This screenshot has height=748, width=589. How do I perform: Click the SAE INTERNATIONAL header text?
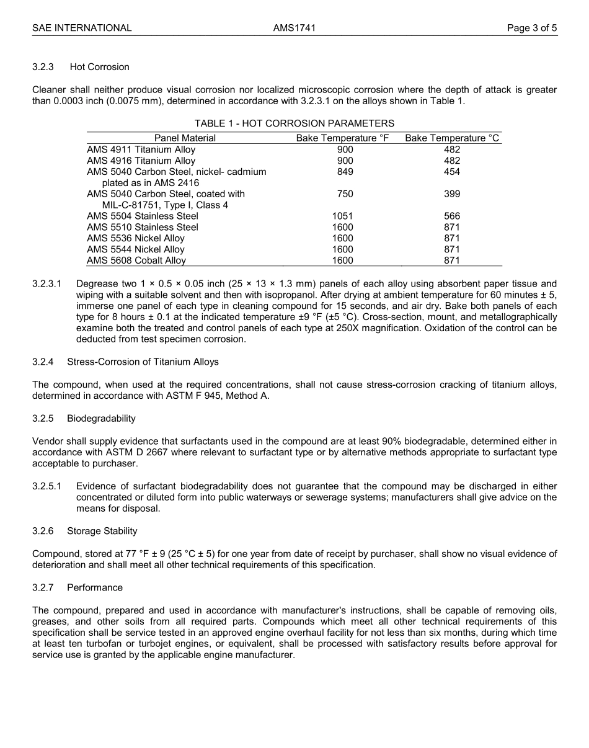(82, 28)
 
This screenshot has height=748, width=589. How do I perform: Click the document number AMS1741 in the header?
(294, 28)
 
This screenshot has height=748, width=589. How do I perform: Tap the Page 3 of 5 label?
(531, 28)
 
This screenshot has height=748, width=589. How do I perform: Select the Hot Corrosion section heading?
(99, 67)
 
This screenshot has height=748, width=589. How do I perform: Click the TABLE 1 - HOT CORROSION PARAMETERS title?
(294, 123)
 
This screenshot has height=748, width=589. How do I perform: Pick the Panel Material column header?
(185, 138)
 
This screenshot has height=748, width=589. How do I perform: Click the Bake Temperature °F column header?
(342, 138)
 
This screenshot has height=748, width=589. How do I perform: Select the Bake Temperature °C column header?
(452, 138)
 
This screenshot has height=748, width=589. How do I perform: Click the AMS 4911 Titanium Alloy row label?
(141, 149)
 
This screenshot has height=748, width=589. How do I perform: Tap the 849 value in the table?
(345, 172)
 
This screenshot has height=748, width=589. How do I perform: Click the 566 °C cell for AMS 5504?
(452, 216)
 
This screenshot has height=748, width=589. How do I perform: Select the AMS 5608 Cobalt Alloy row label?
(136, 261)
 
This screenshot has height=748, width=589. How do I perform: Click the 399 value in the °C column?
(452, 194)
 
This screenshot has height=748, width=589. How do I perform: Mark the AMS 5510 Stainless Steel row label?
(143, 228)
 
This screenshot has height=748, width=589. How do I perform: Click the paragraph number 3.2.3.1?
(47, 283)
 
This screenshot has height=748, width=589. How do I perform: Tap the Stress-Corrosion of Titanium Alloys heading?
(143, 362)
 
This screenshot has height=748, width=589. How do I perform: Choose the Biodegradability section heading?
(101, 419)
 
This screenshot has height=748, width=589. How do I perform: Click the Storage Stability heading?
(102, 531)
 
